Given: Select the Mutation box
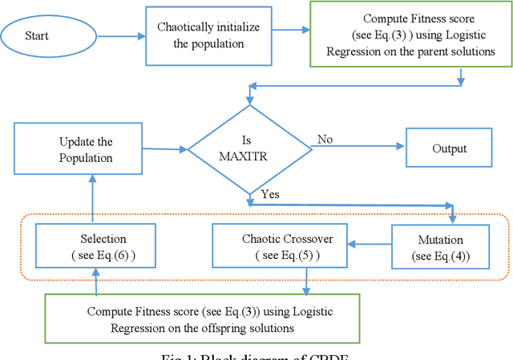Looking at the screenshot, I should [x=441, y=246].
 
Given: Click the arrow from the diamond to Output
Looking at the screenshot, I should [x=361, y=147].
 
